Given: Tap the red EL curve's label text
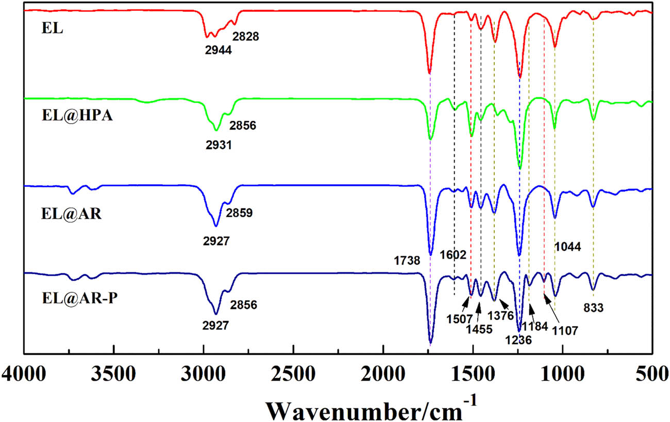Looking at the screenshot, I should (52, 28).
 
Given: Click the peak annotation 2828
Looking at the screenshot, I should (245, 37).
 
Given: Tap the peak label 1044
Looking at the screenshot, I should (568, 247).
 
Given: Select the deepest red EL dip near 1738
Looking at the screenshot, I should (429, 73).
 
